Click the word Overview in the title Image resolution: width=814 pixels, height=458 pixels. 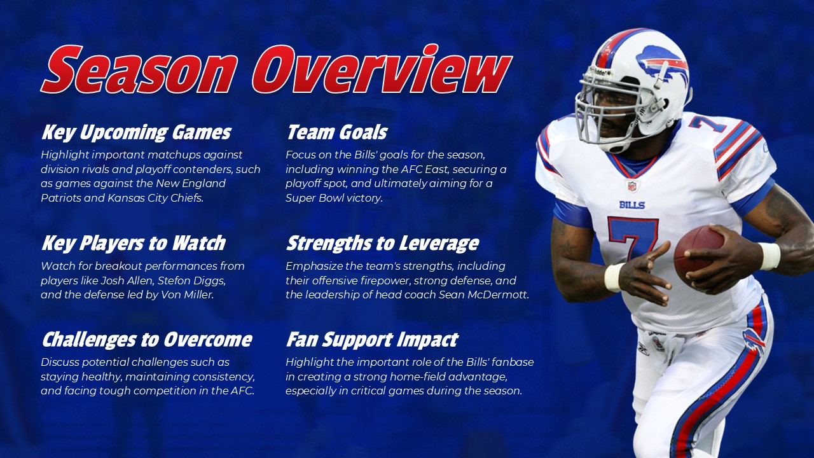pyautogui.click(x=382, y=70)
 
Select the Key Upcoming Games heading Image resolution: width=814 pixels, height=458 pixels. pyautogui.click(x=136, y=132)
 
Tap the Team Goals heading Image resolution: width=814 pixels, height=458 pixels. pyautogui.click(x=336, y=132)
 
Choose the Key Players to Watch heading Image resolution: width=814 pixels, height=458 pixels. pyautogui.click(x=134, y=243)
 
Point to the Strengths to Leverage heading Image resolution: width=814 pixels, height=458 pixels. pyautogui.click(x=382, y=243)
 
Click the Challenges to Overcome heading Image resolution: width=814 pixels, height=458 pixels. pyautogui.click(x=147, y=339)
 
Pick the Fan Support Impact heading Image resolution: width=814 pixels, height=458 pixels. pyautogui.click(x=371, y=339)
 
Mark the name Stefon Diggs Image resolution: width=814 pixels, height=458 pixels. pyautogui.click(x=200, y=281)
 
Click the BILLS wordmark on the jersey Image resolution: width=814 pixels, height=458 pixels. pyautogui.click(x=631, y=205)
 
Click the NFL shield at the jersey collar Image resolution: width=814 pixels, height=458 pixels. pyautogui.click(x=631, y=186)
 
